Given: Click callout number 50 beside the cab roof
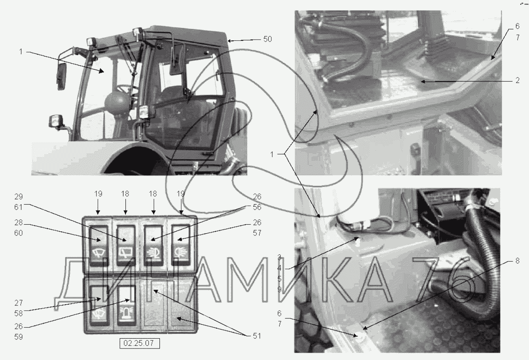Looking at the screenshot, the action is click(x=267, y=39).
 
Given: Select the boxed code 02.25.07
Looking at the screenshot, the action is click(x=139, y=343).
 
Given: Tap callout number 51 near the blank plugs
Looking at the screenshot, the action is click(x=257, y=336).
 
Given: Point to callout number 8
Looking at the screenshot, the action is click(x=517, y=261).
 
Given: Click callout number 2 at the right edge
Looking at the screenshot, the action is click(x=518, y=80).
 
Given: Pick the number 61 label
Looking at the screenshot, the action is click(x=19, y=207).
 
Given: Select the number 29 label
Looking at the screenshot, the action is click(x=19, y=197).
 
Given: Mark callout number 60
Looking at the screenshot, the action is click(x=19, y=233).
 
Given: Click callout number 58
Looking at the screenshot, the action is click(x=19, y=313).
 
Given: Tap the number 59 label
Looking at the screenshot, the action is click(x=19, y=337).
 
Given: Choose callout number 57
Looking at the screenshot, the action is click(x=257, y=233).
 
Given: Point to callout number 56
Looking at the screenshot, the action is click(x=257, y=207).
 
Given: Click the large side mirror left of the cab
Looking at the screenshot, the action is click(x=61, y=76).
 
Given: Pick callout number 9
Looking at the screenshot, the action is click(x=279, y=290).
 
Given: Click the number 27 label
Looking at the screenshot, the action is click(x=19, y=303).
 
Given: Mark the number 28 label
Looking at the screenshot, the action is click(x=19, y=222).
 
